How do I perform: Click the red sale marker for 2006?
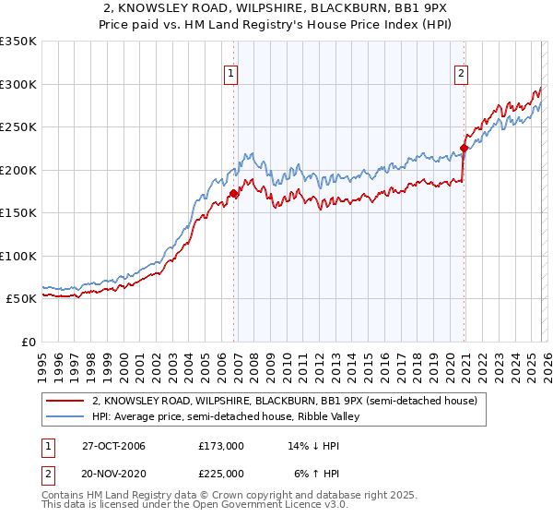(234, 193)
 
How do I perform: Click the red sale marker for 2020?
(464, 148)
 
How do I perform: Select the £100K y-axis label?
(18, 256)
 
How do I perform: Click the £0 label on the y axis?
(27, 342)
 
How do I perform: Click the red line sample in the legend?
(65, 402)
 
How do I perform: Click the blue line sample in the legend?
(65, 417)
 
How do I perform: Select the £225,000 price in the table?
(221, 473)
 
